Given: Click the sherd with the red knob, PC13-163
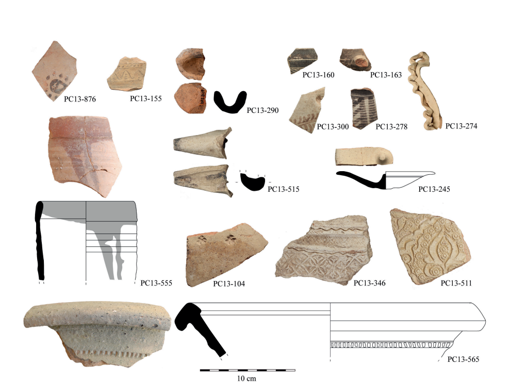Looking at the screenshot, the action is coord(356,60).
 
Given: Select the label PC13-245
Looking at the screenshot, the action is coord(434,189).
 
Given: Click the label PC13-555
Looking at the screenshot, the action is coord(156,283).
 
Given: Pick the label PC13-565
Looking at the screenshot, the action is coord(463,359).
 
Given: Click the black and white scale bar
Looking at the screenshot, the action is coord(248,370).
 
